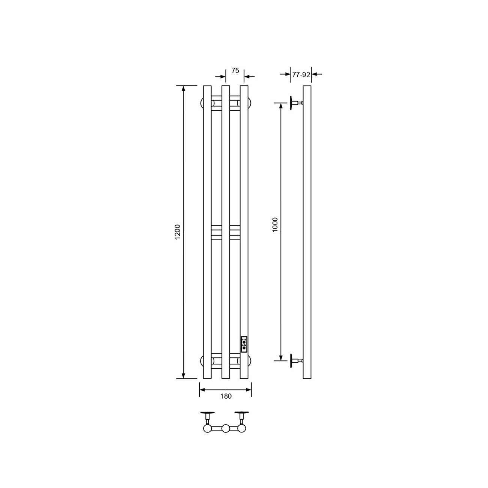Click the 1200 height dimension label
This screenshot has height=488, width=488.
(178, 232)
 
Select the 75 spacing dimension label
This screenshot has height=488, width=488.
(235, 71)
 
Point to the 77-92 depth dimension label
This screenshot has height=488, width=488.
(301, 75)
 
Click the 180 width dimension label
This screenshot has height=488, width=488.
(226, 396)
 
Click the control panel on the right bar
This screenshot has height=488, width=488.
(244, 344)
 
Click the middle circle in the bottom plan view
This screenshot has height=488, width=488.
(226, 428)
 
